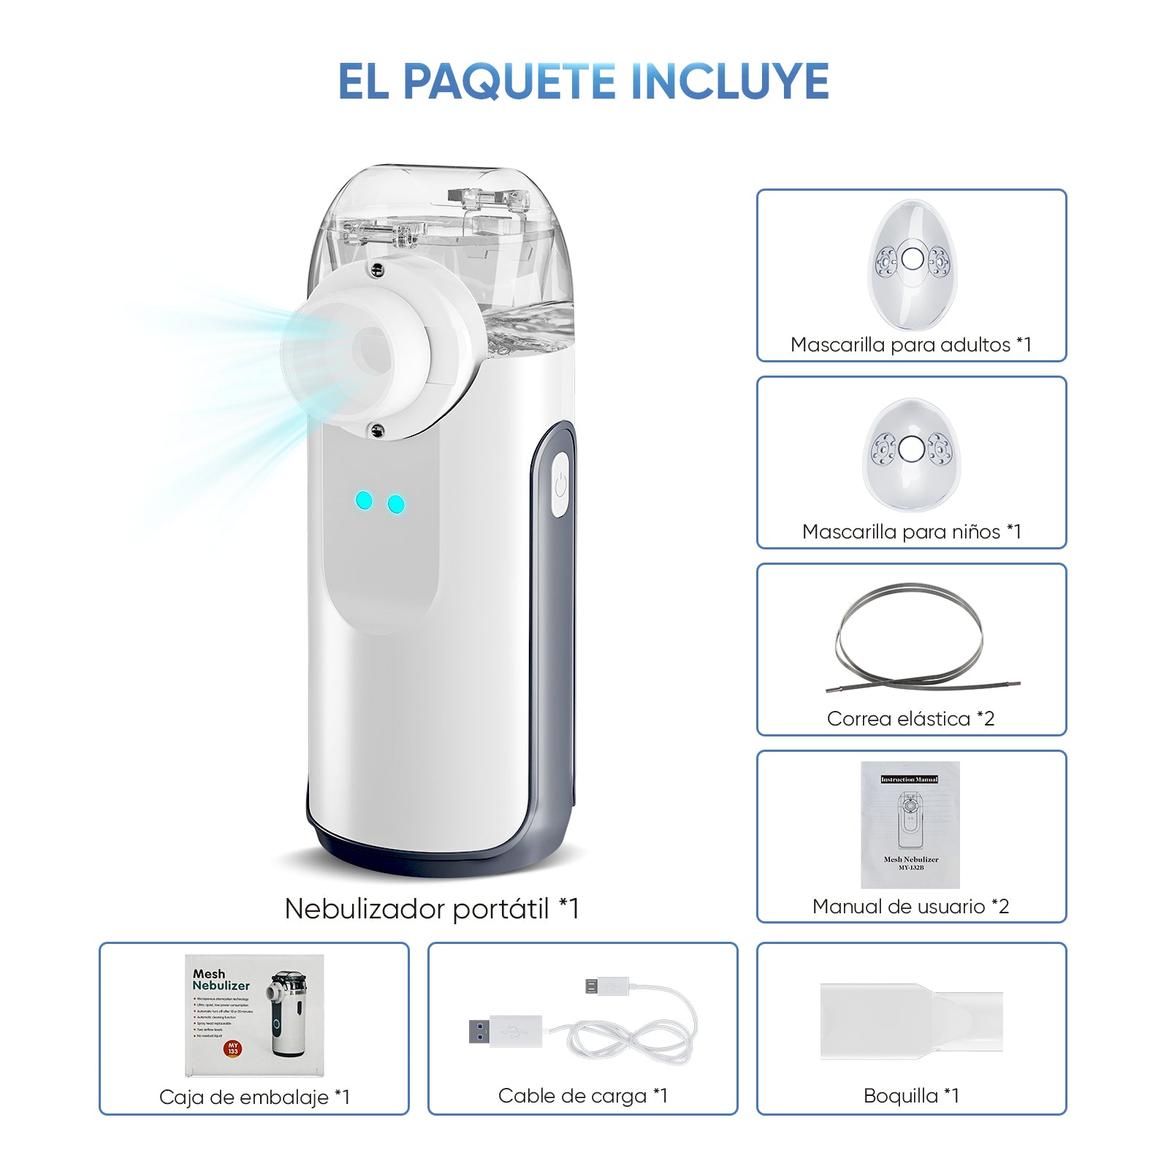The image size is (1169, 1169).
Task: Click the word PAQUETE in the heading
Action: pos(509,81)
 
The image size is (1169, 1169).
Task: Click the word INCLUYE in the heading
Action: pos(728,81)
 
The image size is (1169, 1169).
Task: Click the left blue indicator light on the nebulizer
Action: pos(364,500)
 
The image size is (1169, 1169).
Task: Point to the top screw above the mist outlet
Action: pos(377,270)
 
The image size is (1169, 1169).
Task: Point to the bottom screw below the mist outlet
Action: pos(377,430)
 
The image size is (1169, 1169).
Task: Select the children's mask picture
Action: pos(912,453)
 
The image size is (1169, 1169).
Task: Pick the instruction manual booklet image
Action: pos(910,824)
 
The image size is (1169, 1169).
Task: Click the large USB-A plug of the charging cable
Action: pos(504,1031)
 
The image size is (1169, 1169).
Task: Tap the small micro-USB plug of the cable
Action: pos(606,986)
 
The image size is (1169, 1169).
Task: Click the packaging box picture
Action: pos(254,1016)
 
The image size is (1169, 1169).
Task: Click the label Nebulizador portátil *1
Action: pos(431,909)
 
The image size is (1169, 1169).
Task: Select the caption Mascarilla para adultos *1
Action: pos(910,345)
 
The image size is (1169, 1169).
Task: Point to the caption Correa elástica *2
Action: pos(910,719)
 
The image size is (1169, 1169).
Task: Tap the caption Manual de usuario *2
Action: pos(910,907)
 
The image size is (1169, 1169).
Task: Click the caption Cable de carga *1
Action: pos(582,1096)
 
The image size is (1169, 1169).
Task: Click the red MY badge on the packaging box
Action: pos(233,1048)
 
